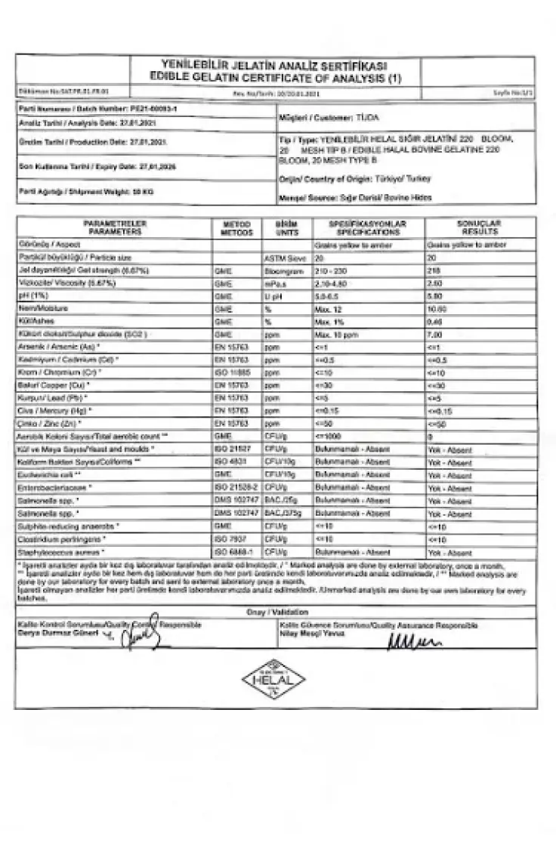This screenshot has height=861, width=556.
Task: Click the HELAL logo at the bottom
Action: [278, 678]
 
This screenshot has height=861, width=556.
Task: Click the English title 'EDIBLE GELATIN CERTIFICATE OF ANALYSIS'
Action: [276, 79]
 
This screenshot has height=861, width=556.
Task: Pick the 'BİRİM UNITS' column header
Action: [284, 228]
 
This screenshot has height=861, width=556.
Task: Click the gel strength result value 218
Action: [434, 270]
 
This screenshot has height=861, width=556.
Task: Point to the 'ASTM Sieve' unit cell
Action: [283, 258]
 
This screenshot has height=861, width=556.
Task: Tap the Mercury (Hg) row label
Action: [55, 411]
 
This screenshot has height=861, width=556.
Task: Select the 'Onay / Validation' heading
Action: [275, 611]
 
